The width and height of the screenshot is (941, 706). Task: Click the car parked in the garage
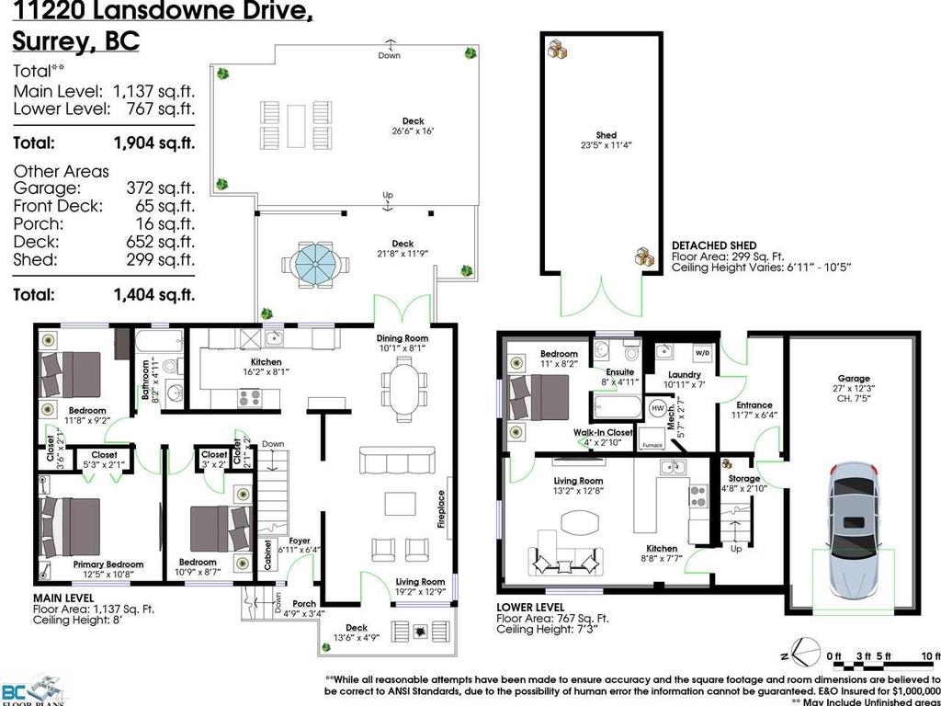tap(854, 532)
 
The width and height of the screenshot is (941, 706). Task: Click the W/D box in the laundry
tap(701, 352)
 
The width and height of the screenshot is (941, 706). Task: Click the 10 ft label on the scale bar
tap(931, 656)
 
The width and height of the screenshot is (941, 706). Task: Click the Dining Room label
tap(402, 338)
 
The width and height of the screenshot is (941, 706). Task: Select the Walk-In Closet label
tap(603, 431)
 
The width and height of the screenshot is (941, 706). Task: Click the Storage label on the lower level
tap(744, 479)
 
